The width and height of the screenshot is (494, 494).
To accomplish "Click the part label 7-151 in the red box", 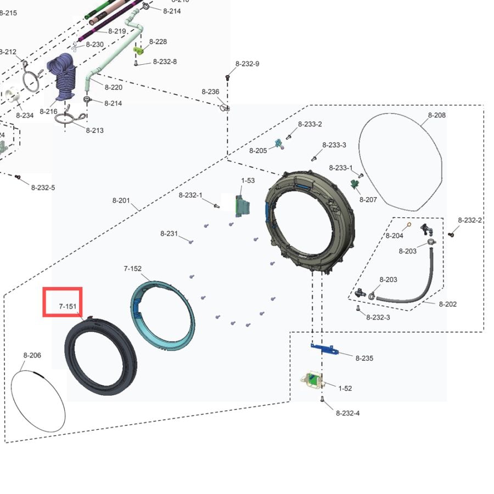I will pyautogui.click(x=68, y=306).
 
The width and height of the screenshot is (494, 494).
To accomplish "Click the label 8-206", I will pyautogui.click(x=32, y=356).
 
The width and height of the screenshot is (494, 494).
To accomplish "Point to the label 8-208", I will pyautogui.click(x=437, y=115).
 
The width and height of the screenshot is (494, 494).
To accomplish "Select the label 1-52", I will pyautogui.click(x=345, y=389).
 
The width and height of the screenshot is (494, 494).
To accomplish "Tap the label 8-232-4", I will pyautogui.click(x=347, y=413).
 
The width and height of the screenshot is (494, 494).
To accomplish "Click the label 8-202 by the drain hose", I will pyautogui.click(x=447, y=304).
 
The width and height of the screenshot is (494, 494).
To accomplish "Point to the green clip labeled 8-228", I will pyautogui.click(x=138, y=50).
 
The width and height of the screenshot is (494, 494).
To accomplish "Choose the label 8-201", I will pyautogui.click(x=121, y=201).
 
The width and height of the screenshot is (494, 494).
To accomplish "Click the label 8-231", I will pyautogui.click(x=169, y=234).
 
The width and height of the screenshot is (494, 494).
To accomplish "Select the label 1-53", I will pyautogui.click(x=248, y=181).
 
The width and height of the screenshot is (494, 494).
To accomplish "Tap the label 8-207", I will pyautogui.click(x=368, y=200).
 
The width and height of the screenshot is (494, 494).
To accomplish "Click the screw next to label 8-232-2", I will pyautogui.click(x=451, y=234).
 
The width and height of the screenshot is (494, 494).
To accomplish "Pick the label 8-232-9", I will pyautogui.click(x=248, y=64).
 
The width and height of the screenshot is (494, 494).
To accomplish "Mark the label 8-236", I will pyautogui.click(x=210, y=92).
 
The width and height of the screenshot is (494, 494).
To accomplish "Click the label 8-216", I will pyautogui.click(x=48, y=112).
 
